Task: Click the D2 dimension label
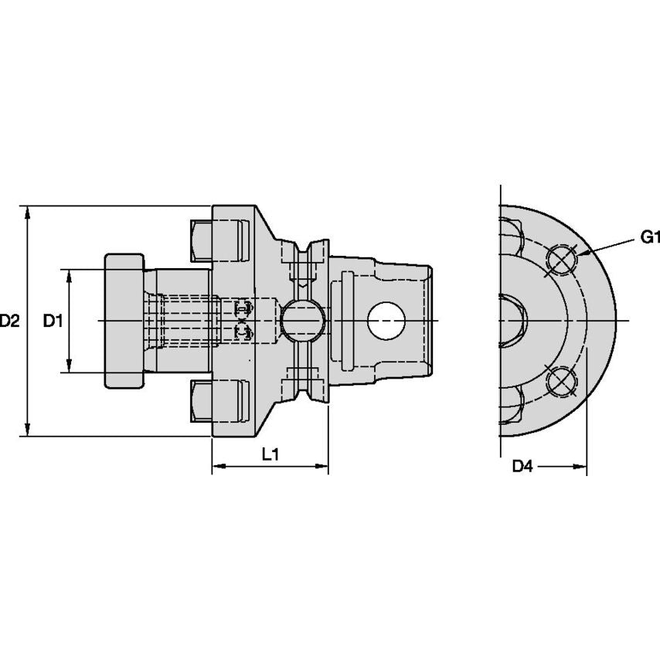(9, 320)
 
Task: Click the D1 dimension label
(52, 320)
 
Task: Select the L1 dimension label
(270, 455)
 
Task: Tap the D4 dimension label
(523, 466)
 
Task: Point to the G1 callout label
(650, 237)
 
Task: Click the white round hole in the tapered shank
(386, 321)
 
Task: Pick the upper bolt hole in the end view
(561, 260)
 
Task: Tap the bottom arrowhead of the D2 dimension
(28, 430)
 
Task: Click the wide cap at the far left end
(124, 320)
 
